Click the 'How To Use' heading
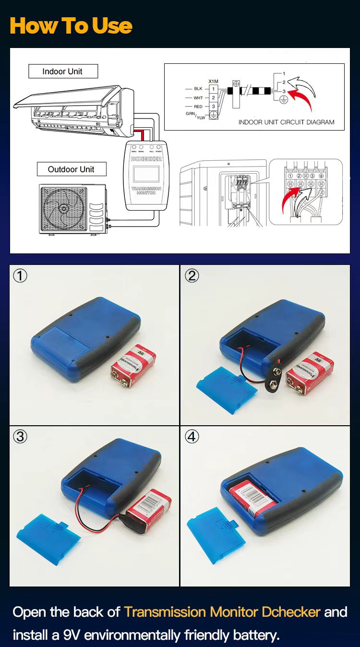[x=71, y=25]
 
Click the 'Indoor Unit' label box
[x=63, y=72]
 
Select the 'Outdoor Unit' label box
[x=72, y=169]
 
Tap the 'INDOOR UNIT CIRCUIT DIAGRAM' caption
[x=286, y=122]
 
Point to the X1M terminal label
[x=213, y=82]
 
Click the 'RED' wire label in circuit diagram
[x=198, y=106]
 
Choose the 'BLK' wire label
[x=198, y=89]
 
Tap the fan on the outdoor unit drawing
[x=63, y=208]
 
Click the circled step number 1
[x=20, y=276]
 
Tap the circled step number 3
[x=20, y=436]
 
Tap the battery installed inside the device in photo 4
[x=253, y=497]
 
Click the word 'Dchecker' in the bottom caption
[x=291, y=612]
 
